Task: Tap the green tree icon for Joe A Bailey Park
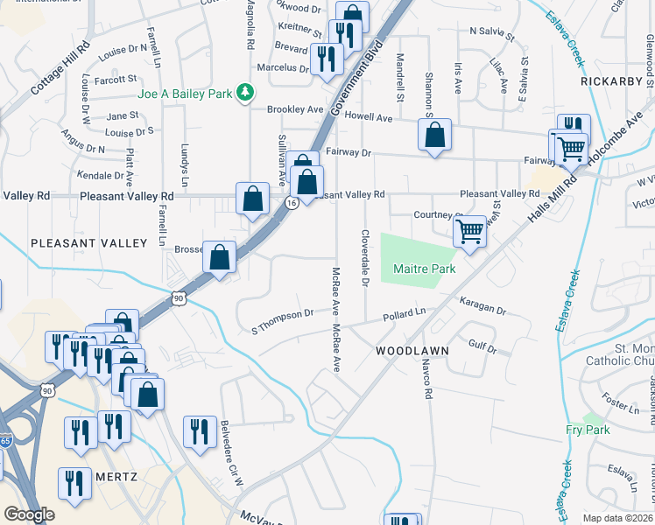(248, 91)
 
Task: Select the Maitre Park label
(424, 269)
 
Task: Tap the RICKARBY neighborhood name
(610, 80)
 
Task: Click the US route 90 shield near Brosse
(179, 297)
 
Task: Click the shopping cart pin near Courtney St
(470, 233)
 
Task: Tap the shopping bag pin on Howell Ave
(434, 136)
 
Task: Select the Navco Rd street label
(427, 381)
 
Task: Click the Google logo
(29, 514)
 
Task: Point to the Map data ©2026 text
(617, 518)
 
